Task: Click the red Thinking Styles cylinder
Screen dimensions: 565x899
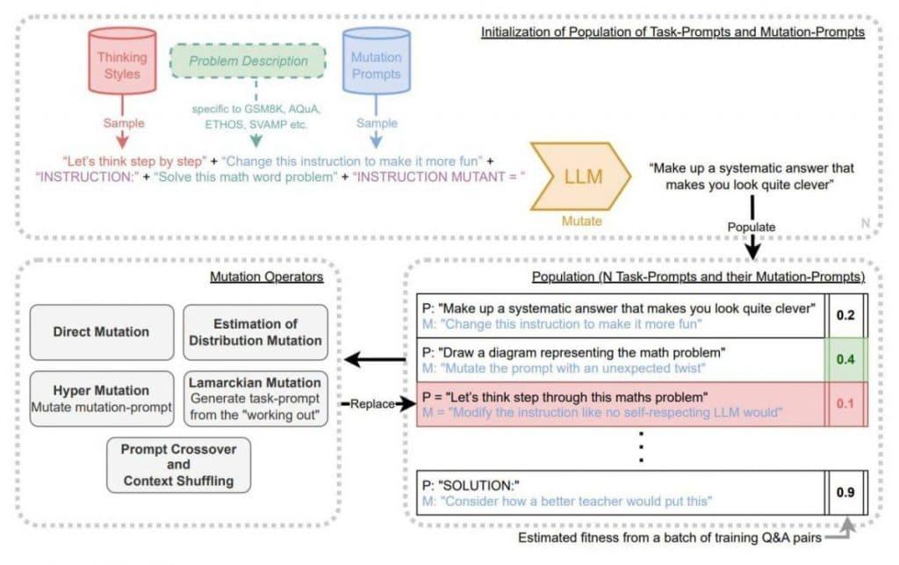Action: coord(122,67)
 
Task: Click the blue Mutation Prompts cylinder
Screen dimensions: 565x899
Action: coord(376,67)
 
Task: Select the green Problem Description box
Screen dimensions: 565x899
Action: coord(249,62)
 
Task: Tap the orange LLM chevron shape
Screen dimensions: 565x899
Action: coord(579,178)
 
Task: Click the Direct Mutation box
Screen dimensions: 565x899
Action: coord(101,332)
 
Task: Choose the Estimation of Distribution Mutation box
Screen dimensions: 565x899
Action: coord(255,332)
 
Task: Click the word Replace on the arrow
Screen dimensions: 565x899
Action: coord(370,404)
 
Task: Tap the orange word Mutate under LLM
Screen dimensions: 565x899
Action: coord(580,221)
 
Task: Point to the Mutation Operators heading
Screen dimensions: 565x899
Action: coord(267,278)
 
